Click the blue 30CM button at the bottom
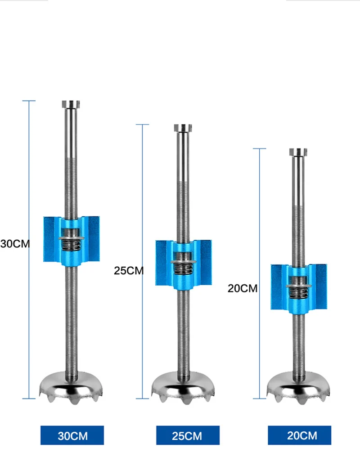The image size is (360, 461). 72,435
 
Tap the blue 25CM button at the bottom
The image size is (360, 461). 188,435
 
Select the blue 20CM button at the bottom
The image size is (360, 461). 299,435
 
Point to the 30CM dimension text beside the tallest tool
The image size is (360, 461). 15,244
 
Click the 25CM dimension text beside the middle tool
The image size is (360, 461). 129,270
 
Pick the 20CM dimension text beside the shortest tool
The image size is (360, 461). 243,288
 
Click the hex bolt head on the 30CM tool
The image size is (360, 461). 71,104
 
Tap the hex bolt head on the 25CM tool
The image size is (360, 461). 183,128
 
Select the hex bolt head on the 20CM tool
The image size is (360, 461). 298,152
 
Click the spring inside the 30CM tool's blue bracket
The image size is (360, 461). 71,245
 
